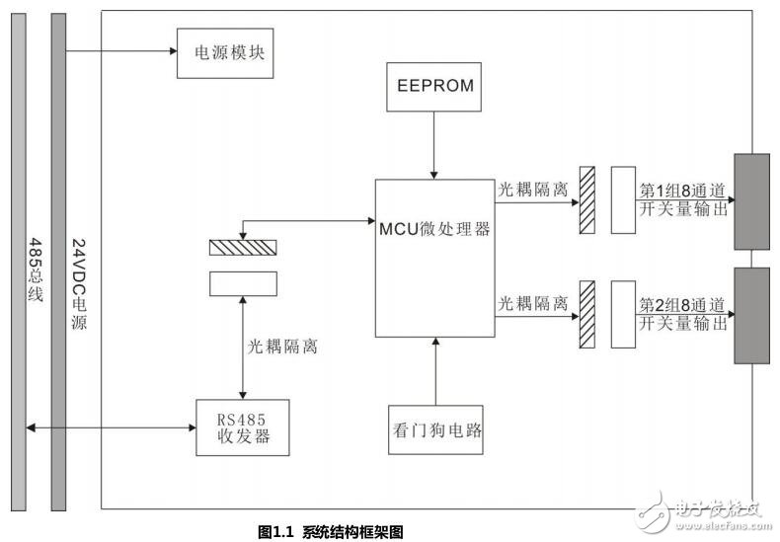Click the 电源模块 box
[222, 52]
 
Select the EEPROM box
[434, 87]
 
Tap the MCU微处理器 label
[435, 229]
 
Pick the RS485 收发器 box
[243, 426]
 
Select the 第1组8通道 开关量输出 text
[683, 199]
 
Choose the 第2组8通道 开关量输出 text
[683, 313]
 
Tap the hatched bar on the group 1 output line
[587, 200]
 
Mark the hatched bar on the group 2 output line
[587, 314]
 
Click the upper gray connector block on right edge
[751, 202]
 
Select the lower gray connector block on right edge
[751, 315]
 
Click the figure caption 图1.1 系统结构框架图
[331, 531]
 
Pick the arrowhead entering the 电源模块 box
[170, 52]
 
